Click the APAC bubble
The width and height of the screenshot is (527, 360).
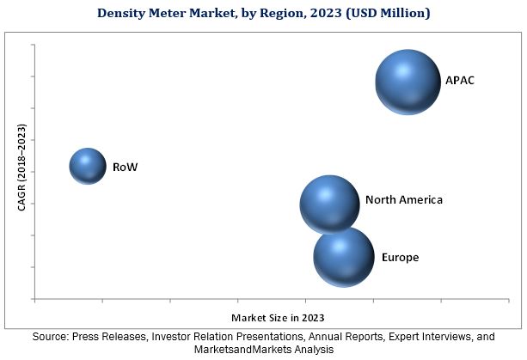tap(408, 82)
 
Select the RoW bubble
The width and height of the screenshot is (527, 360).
tap(87, 166)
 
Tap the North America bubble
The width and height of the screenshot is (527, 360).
tap(329, 204)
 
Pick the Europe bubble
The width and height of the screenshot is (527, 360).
tap(343, 256)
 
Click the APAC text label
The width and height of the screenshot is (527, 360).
tap(460, 81)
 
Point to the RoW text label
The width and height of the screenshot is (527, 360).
tap(125, 167)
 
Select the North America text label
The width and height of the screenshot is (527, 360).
tap(403, 200)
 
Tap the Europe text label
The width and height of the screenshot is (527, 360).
tap(400, 257)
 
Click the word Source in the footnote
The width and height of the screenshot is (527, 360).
tap(49, 337)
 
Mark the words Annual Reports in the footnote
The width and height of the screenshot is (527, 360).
tap(334, 337)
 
